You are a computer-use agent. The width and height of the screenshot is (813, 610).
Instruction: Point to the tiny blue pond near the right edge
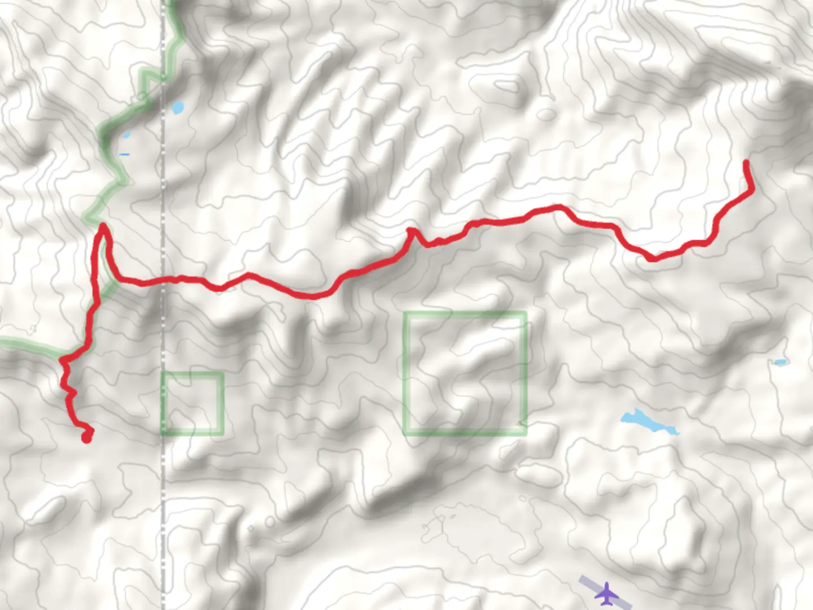click(x=781, y=362)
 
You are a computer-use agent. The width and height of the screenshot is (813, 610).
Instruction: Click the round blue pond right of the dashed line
click(x=178, y=107)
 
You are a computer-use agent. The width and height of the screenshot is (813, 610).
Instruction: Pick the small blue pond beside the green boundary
click(x=125, y=136)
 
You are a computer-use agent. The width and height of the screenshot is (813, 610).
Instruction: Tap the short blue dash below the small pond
click(x=124, y=154)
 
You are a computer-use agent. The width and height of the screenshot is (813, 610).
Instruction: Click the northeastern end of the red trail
click(x=746, y=163)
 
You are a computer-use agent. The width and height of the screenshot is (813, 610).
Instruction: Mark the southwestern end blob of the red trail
click(x=86, y=437)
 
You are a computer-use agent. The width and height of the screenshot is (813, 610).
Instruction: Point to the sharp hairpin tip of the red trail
click(x=103, y=227)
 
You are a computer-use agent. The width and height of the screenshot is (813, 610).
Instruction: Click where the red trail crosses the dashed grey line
click(x=164, y=280)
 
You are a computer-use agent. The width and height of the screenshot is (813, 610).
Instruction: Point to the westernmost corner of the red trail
click(x=62, y=360)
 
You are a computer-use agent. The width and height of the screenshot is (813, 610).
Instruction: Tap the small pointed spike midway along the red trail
click(x=410, y=230)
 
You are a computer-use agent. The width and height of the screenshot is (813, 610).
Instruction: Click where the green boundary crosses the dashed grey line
click(x=164, y=76)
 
